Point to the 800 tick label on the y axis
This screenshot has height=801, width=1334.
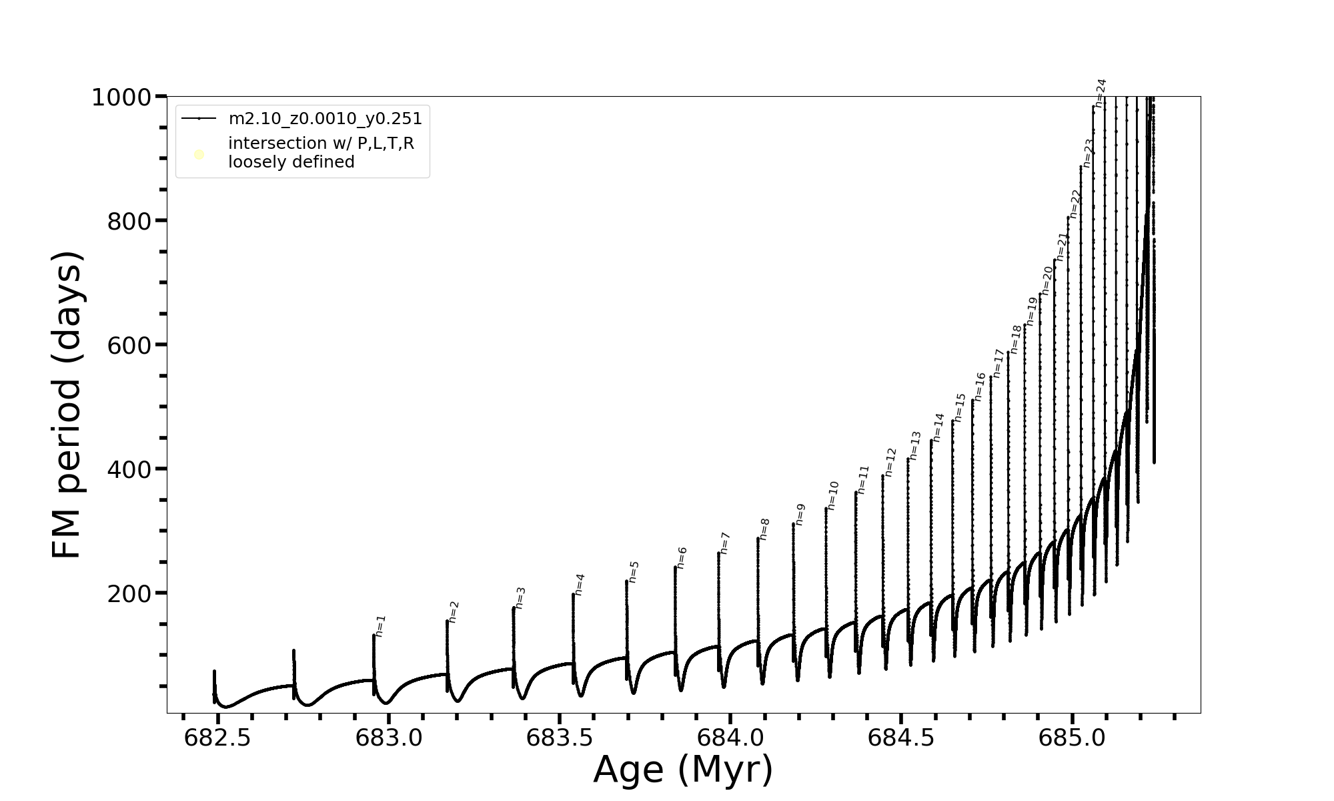pos(129,222)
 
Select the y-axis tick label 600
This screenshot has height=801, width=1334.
pos(129,346)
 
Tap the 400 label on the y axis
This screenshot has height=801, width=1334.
pos(129,470)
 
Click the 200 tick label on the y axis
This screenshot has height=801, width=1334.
pos(129,594)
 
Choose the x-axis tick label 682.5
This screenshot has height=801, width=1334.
pos(217,738)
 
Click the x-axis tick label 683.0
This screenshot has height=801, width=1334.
pos(388,738)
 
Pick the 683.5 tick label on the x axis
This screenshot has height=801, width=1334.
pos(560,738)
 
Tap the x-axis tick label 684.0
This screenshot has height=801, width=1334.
pos(730,738)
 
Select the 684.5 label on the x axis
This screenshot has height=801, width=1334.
pos(901,738)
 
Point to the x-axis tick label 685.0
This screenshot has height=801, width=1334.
pos(1072,738)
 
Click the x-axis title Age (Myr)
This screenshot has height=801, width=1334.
pos(683,770)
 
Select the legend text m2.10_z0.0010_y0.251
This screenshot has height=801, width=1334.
pos(325,119)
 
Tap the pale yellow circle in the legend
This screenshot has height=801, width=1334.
pos(199,155)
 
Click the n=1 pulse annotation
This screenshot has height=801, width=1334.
pos(380,626)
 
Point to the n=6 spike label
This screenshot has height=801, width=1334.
pos(682,558)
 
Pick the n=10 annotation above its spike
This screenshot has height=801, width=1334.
pos(833,496)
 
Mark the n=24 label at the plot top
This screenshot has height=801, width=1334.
pos(1101,93)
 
